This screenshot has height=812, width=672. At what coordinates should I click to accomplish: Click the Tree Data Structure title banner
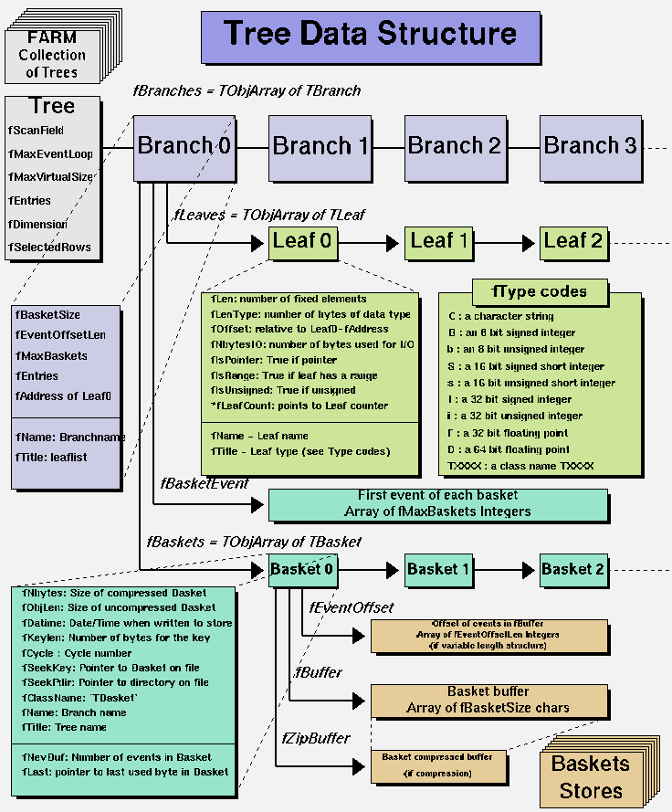tap(371, 36)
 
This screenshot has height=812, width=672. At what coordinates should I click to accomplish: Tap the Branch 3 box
tap(590, 146)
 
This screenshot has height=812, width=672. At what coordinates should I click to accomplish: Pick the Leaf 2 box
tap(572, 242)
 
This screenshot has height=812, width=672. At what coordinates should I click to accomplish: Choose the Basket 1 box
tap(438, 569)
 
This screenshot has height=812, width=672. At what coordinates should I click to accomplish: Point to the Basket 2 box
tap(572, 569)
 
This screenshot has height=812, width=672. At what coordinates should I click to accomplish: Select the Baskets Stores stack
tap(590, 776)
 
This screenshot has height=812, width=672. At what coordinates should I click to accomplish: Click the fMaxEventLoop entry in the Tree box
tap(49, 153)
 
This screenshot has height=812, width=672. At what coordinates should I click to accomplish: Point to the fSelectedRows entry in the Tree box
tap(49, 248)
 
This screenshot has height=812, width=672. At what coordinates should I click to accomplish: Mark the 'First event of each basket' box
tap(437, 503)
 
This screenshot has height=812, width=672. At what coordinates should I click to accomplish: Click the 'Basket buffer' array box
tap(488, 701)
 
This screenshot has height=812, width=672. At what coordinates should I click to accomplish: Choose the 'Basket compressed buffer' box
tap(437, 765)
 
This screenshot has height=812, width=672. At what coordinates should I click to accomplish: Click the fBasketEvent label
tap(204, 482)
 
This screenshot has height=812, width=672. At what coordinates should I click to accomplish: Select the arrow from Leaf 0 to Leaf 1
tap(370, 243)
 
